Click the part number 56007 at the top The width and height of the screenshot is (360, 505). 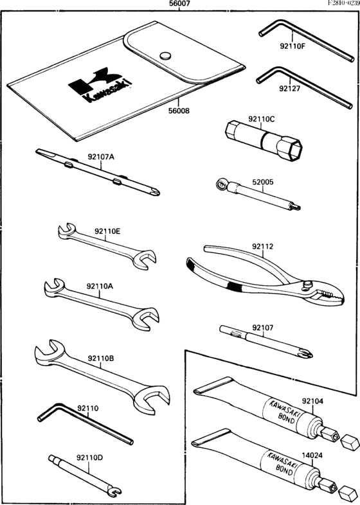pos(179,4)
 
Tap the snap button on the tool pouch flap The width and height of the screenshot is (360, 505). pos(166,56)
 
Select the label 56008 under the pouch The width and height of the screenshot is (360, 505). pos(179,111)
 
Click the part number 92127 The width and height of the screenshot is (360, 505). pos(289,89)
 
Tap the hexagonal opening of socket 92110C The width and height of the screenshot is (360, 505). pos(294,150)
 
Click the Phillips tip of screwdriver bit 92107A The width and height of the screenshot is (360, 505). pos(155,192)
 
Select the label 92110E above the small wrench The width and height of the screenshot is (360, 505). pos(107,231)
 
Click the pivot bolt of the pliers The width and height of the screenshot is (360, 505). pos(307,284)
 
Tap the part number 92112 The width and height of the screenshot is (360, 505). pos(263,246)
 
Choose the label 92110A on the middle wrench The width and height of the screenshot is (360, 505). pos(100,286)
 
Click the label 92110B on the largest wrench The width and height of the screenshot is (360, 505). pos(100,358)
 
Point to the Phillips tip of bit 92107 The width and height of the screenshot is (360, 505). pos(305,353)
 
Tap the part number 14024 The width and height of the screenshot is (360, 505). pos(312,456)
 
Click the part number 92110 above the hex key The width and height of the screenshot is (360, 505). pos(87,409)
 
